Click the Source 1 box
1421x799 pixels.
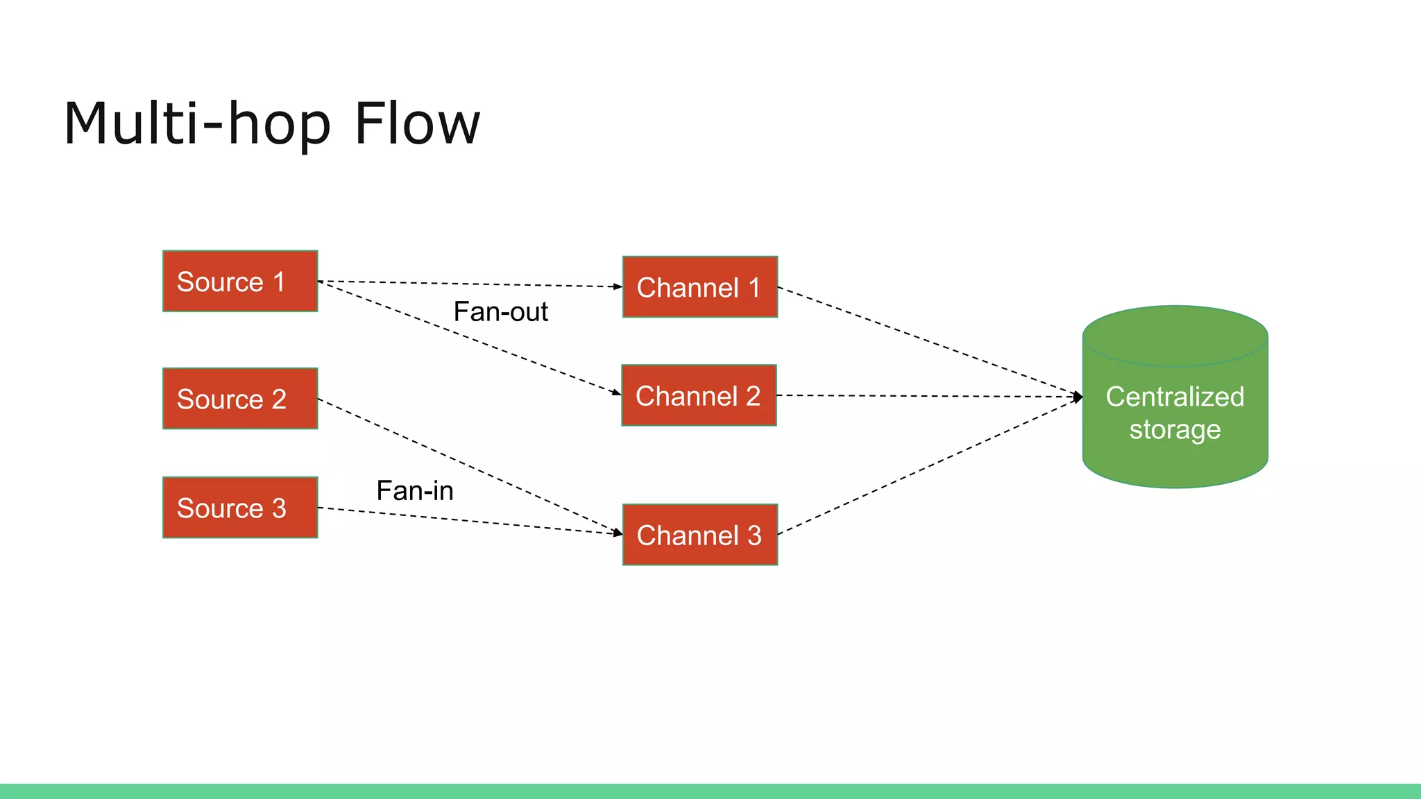[240, 281]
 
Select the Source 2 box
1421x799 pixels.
[240, 399]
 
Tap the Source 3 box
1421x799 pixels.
[240, 508]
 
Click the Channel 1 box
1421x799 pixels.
[700, 287]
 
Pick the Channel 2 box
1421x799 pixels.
[699, 395]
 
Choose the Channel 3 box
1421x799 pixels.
[700, 535]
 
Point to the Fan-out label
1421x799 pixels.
[500, 312]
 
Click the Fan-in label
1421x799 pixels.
[415, 491]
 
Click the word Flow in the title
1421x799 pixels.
[417, 123]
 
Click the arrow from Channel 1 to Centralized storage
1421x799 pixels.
[930, 342]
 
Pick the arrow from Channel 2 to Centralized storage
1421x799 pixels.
[930, 396]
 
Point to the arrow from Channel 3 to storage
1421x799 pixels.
[930, 465]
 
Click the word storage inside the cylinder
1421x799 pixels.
[1175, 430]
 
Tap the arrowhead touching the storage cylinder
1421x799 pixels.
[1078, 397]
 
